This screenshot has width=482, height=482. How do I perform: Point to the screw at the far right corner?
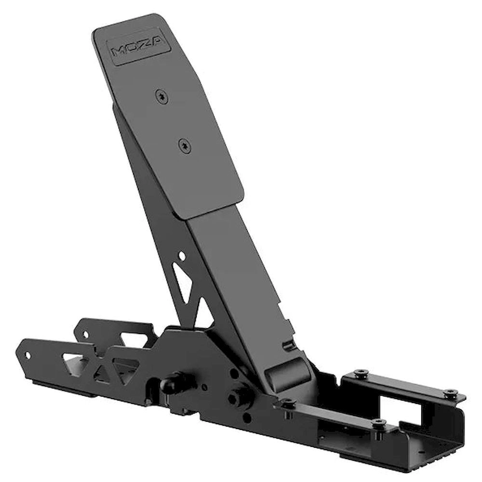point(449,392)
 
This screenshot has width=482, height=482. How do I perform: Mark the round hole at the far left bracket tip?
point(27,356)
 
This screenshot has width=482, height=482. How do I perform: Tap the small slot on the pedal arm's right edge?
point(288,345)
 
